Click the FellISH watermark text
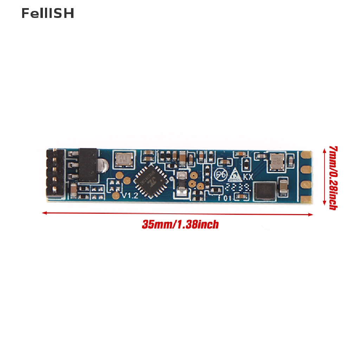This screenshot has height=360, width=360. point(47,13)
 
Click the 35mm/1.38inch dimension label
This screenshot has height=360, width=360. point(180,224)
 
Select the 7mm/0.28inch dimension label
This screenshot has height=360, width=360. point(333,178)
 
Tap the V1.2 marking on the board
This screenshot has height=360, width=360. point(130,196)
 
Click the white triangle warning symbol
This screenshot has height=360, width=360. point(235,174)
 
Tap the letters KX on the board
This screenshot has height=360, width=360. point(248,177)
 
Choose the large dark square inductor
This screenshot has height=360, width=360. point(265,191)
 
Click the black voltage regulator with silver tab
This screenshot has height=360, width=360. point(89,165)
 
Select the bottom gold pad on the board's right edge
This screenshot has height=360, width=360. point(306,199)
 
